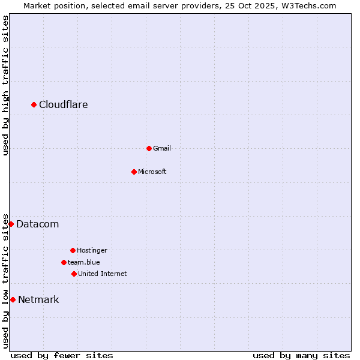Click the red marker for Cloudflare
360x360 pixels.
34,105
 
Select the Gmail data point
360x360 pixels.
149,148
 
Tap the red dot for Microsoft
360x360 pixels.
134,172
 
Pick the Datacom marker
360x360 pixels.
11,224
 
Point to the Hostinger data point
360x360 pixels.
73,250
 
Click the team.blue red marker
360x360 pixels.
64,262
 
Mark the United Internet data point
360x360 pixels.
74,274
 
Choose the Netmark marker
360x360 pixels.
13,299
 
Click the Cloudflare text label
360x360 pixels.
64,105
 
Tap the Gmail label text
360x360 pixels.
162,148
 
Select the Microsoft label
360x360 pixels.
152,172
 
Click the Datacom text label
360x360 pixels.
38,224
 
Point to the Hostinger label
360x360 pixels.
92,250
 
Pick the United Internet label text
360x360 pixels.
103,274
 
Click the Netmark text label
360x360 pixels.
38,300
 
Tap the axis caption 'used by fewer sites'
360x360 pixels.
62,355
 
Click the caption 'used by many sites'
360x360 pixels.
301,355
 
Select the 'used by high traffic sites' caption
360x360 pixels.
5,85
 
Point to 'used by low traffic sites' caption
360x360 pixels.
5,281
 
